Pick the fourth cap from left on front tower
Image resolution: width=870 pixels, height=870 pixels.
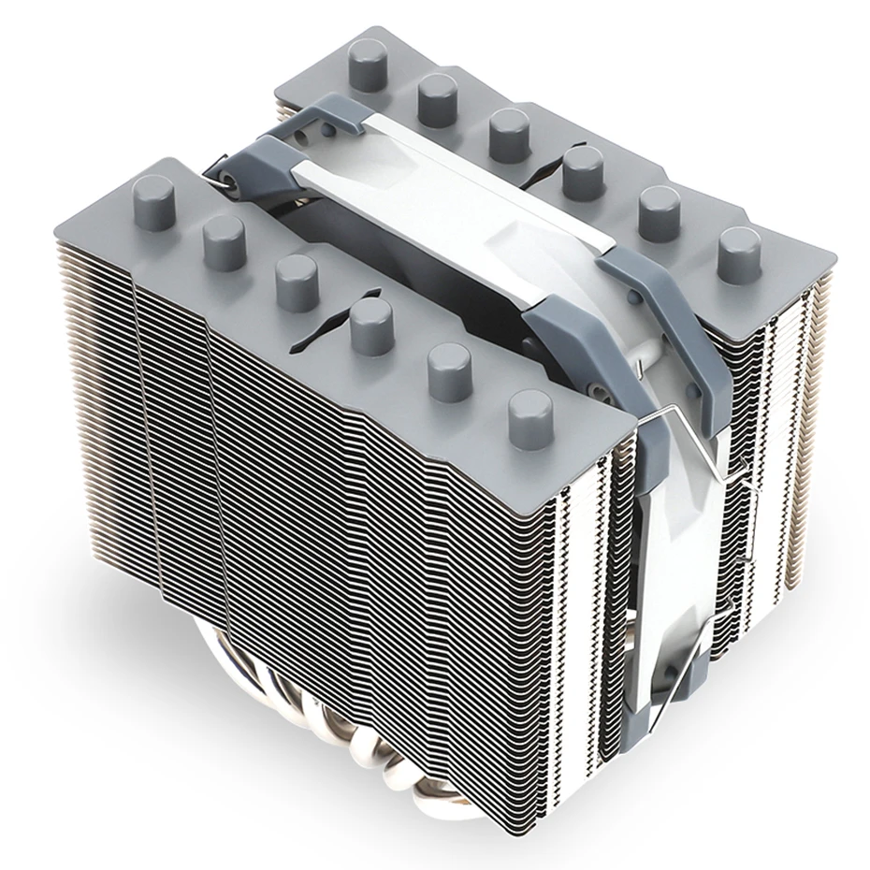(x=372, y=323)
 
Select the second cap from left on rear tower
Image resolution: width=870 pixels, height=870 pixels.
(x=437, y=97)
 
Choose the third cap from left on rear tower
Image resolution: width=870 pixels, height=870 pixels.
(x=509, y=132)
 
